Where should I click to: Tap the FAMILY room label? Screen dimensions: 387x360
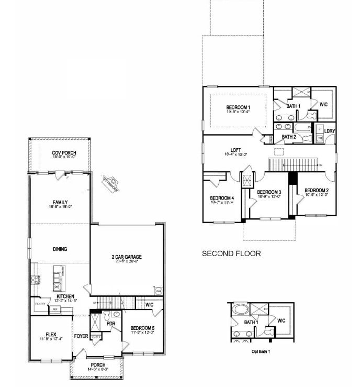[x=60, y=202]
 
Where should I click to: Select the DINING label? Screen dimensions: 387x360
[x=60, y=249]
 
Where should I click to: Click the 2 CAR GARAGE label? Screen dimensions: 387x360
[x=127, y=257]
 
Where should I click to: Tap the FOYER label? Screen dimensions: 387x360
[x=81, y=336]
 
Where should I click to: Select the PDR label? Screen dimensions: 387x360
[x=110, y=324]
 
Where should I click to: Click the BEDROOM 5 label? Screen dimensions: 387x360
[x=142, y=328]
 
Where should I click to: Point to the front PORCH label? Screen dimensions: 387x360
[x=98, y=365]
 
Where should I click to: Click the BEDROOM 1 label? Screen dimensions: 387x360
[x=238, y=107]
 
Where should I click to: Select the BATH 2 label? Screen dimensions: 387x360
[x=289, y=137]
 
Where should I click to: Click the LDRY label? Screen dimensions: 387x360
[x=329, y=131]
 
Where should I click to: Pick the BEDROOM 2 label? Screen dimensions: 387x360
[x=316, y=190]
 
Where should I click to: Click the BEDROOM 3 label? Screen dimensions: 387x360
[x=269, y=192]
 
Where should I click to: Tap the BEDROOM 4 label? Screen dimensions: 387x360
[x=222, y=198]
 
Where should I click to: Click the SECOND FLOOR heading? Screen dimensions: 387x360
[x=231, y=253]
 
